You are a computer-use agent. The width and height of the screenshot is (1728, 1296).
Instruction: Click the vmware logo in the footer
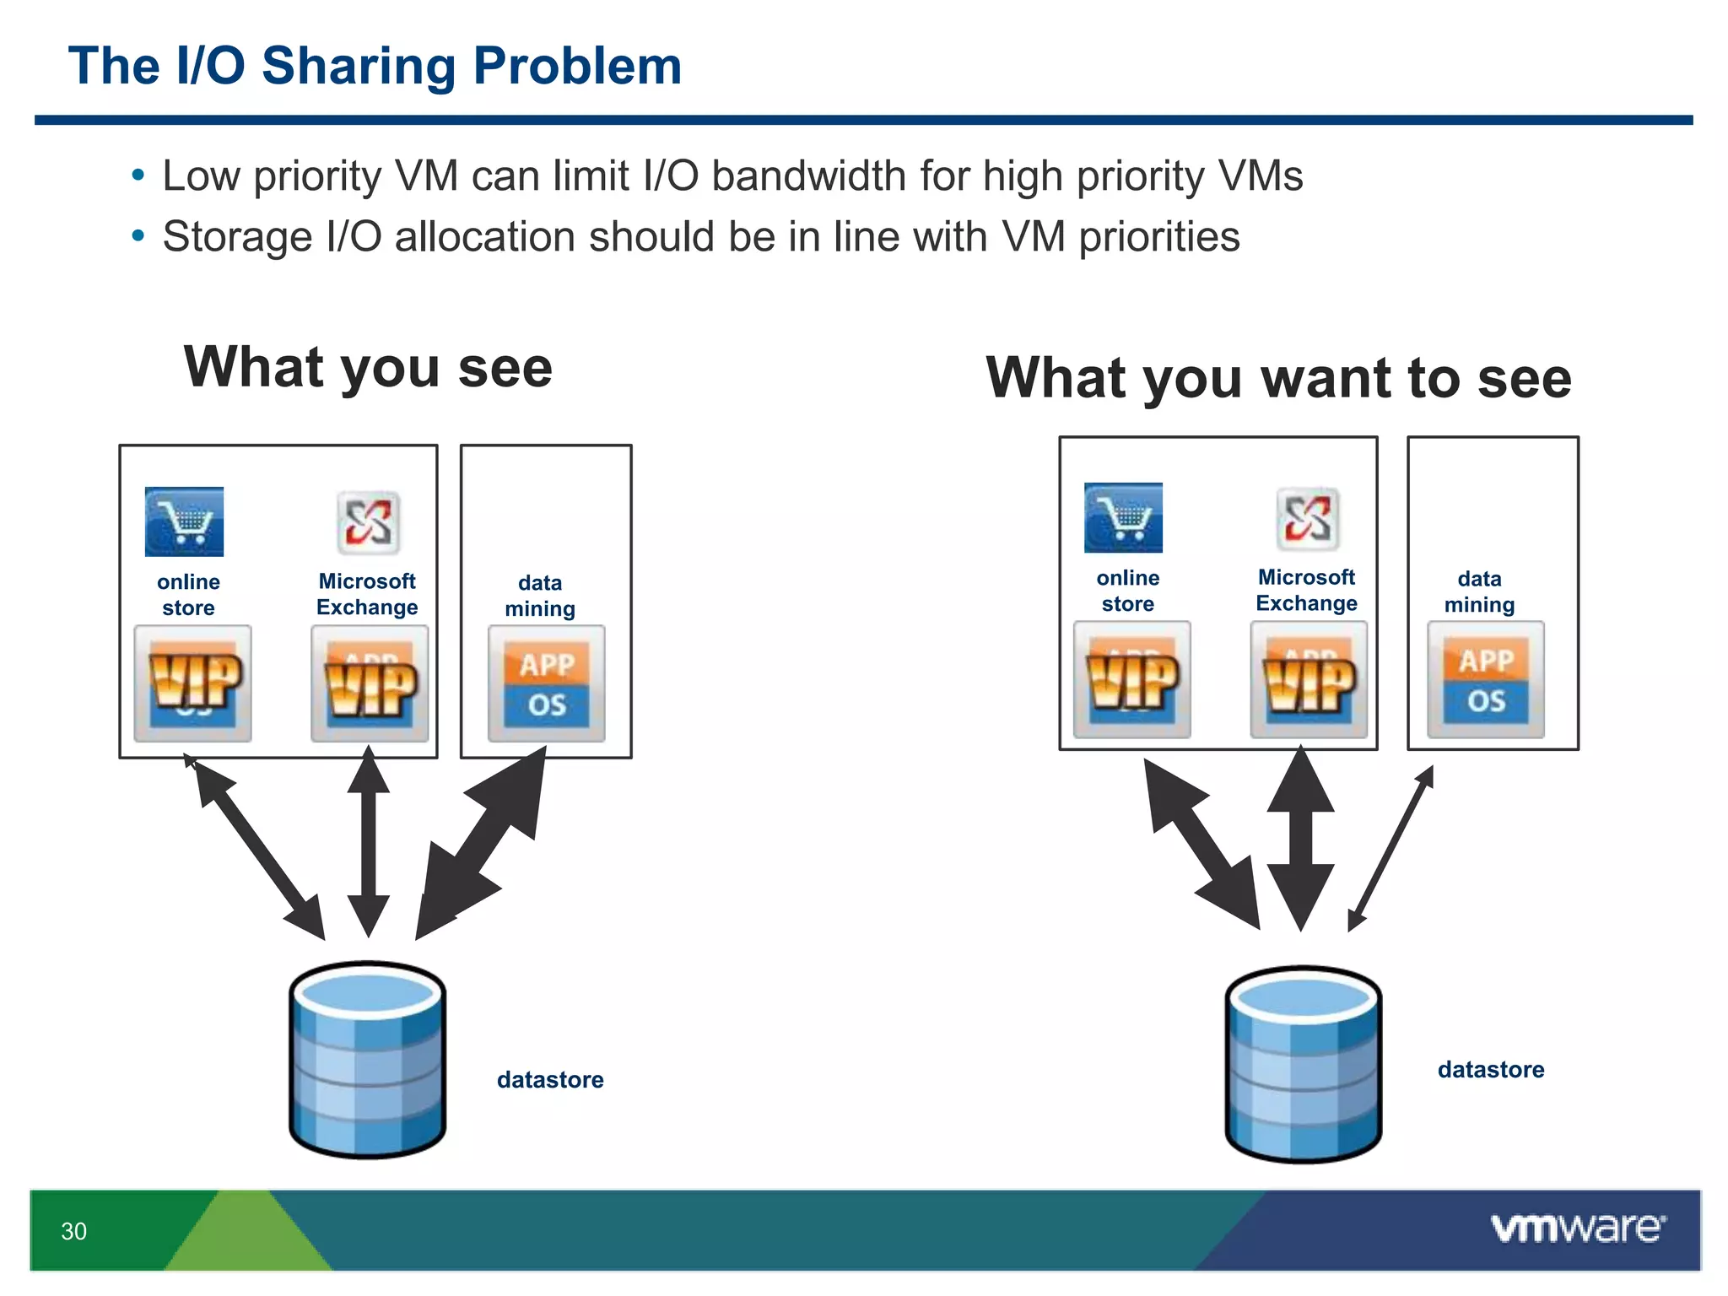[x=1578, y=1228]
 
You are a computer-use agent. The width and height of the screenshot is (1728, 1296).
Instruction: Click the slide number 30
[x=73, y=1231]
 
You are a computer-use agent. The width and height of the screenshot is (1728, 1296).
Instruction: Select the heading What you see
[x=368, y=368]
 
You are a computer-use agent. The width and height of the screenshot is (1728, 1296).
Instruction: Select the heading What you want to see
[x=1278, y=377]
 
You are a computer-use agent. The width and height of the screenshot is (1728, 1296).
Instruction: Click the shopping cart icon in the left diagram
[x=184, y=521]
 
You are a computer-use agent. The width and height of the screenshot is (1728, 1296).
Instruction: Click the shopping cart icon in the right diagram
[x=1123, y=517]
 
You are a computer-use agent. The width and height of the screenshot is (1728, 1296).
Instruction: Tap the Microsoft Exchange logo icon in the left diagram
[x=368, y=522]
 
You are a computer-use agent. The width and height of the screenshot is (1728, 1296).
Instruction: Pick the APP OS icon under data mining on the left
[x=547, y=683]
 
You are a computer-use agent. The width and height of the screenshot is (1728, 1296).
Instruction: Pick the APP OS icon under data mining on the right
[x=1486, y=680]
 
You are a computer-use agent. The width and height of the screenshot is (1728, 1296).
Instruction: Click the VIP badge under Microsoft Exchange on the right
[x=1309, y=680]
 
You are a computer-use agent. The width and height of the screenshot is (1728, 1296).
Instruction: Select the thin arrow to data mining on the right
[x=1390, y=848]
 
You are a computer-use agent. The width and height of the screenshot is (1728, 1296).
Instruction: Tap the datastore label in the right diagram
[x=1491, y=1069]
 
